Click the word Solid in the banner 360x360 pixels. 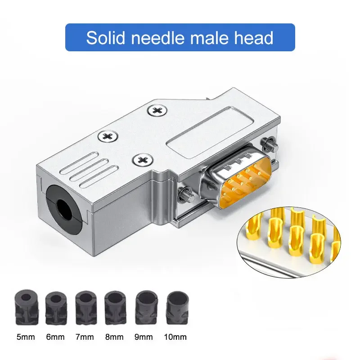click(106, 37)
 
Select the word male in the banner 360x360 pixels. click(210, 37)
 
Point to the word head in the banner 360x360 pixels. click(254, 37)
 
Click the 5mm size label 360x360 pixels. click(26, 337)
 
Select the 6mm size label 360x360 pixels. click(55, 337)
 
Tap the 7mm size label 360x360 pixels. click(85, 337)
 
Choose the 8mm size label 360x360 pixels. click(114, 337)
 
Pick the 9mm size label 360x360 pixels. click(144, 337)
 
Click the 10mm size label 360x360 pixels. click(175, 337)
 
